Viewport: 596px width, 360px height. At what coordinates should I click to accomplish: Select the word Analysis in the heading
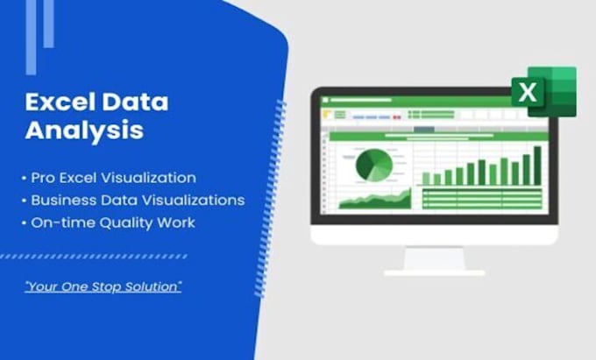[84, 131]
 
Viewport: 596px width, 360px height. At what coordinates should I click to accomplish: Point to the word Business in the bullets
[64, 200]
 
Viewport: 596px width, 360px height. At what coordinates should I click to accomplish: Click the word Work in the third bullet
[176, 222]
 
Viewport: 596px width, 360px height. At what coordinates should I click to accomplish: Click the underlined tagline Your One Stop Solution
[103, 286]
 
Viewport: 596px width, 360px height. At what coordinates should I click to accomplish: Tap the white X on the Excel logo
[528, 92]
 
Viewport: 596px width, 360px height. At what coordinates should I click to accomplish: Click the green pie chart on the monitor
[373, 165]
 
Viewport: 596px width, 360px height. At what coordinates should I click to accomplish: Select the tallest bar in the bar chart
[536, 166]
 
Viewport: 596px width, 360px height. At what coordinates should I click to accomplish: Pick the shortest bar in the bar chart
[427, 178]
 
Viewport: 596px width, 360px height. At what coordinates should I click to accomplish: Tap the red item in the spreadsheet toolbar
[327, 114]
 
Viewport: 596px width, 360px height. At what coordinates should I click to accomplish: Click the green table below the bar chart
[482, 199]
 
